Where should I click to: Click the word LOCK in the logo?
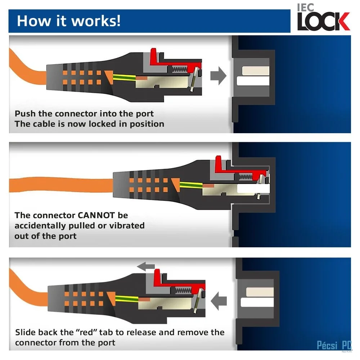323,22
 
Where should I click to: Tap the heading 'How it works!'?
69,21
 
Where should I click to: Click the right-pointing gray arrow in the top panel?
219,76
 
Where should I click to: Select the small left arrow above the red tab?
146,266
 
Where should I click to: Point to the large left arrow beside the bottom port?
219,301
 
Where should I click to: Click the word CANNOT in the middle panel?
96,215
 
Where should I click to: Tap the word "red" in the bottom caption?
86,332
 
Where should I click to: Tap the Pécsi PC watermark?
334,345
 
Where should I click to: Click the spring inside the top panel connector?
180,69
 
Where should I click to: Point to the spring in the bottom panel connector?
183,291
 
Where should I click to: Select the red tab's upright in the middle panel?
218,163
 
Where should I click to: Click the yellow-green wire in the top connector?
124,77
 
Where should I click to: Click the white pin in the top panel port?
253,81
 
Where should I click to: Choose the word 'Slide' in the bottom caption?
25,332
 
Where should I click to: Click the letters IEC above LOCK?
305,8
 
